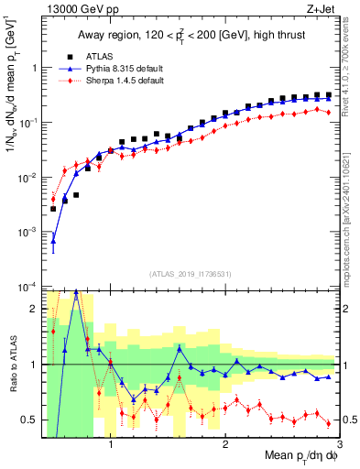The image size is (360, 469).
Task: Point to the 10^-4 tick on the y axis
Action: click(27, 287)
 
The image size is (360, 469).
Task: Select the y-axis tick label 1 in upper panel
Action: click(34, 68)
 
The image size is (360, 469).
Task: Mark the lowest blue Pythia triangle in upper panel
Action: click(53, 243)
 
